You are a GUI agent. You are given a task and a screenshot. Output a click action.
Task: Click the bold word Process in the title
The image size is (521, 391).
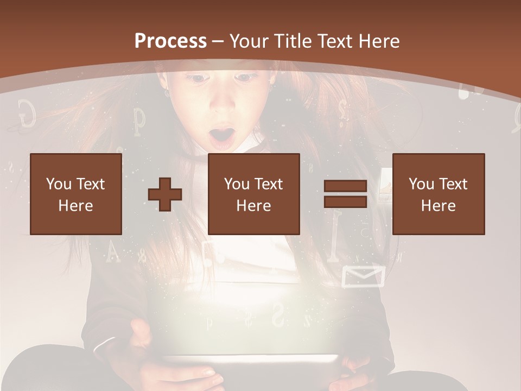(x=170, y=41)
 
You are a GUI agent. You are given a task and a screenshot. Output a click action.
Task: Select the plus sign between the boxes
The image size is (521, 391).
(x=165, y=194)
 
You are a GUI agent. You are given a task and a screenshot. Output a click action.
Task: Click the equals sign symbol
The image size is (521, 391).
(x=345, y=194)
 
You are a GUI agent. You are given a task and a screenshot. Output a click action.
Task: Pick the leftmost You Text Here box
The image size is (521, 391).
(x=76, y=194)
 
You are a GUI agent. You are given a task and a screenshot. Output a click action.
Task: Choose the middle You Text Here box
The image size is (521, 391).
(x=254, y=194)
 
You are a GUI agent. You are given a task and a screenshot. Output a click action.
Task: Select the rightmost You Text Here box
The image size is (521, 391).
(x=439, y=194)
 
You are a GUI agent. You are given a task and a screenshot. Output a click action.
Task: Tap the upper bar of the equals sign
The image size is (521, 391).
(x=345, y=186)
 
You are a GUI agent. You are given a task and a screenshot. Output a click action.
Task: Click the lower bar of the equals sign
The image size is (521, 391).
(x=345, y=202)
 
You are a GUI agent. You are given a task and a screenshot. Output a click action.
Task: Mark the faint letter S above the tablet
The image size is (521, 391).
(x=278, y=314)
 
